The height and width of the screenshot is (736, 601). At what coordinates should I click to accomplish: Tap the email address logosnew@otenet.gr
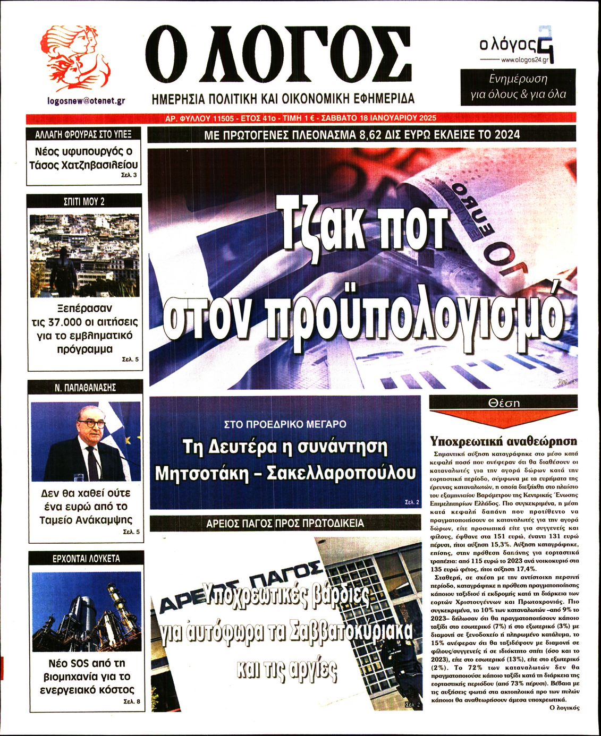point(86,100)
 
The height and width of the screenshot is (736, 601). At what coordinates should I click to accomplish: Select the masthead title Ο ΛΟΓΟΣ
point(278,55)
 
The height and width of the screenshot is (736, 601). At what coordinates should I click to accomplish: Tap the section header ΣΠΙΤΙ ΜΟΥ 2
point(84,201)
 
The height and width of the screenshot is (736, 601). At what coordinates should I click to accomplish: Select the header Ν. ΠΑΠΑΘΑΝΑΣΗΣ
point(85,388)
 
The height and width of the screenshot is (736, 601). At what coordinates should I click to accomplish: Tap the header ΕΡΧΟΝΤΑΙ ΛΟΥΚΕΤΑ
point(86,559)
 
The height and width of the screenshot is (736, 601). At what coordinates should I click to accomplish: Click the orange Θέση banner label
point(503,403)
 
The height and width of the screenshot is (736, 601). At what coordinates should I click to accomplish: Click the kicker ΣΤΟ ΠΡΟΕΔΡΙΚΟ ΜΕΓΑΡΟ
point(285,424)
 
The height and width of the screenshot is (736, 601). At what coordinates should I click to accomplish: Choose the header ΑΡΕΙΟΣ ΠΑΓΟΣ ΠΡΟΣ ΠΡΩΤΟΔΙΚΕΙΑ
point(285,524)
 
